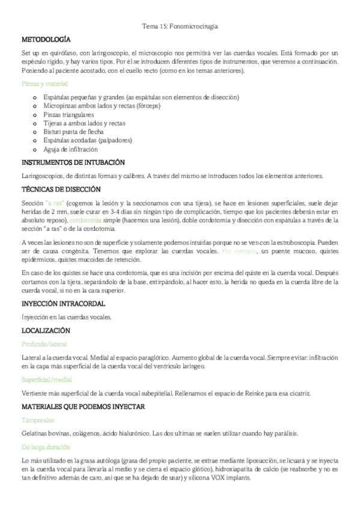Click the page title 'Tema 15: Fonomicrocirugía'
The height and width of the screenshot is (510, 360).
(x=180, y=27)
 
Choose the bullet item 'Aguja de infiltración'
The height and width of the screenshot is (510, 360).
(x=70, y=149)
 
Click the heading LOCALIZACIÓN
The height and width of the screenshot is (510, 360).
(x=45, y=330)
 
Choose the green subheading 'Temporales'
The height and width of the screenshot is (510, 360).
(x=38, y=420)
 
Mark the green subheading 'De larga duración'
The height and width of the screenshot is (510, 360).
(x=46, y=447)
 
